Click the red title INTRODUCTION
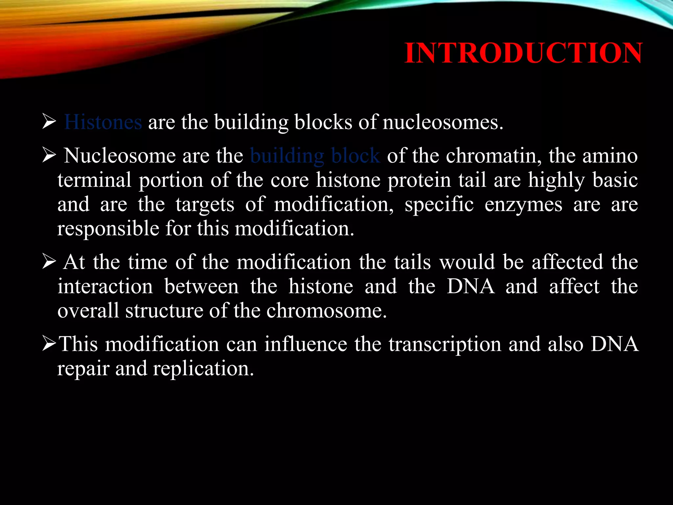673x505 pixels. (x=523, y=53)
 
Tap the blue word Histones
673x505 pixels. (x=103, y=122)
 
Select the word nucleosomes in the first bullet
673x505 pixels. (x=442, y=122)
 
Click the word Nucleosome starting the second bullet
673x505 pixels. (x=120, y=156)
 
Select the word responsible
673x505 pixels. (x=108, y=229)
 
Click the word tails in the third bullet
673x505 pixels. (x=412, y=262)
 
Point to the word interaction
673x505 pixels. (x=105, y=287)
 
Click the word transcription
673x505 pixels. (x=445, y=344)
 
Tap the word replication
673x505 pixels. (x=203, y=369)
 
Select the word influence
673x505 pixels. (x=306, y=344)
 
